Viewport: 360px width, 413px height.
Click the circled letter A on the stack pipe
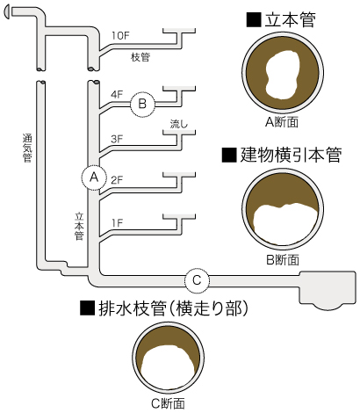pos(92,177)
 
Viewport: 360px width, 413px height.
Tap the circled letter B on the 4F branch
pos(142,105)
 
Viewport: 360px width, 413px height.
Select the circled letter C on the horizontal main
pos(197,280)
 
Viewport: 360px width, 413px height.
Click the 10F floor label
pos(123,35)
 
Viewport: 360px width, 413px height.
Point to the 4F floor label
pos(117,93)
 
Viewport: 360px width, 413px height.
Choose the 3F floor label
pos(117,139)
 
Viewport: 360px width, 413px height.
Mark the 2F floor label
pos(117,180)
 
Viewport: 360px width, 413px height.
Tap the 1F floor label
pos(117,223)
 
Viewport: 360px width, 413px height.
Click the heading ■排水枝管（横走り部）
pos(165,308)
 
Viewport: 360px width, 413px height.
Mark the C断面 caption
pos(167,403)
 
